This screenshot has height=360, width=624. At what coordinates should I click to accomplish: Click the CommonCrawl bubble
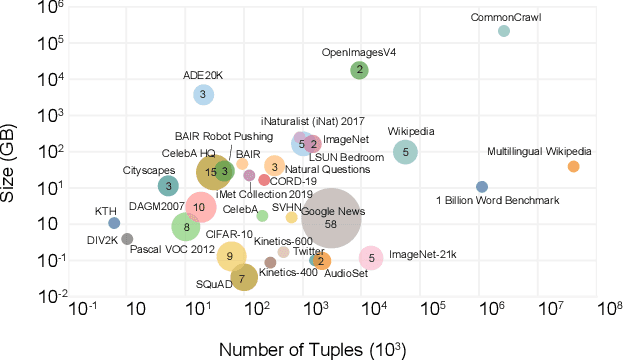tap(504, 31)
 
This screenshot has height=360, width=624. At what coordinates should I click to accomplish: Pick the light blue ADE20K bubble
tap(203, 94)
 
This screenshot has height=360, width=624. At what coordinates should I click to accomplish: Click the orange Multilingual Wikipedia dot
tap(573, 166)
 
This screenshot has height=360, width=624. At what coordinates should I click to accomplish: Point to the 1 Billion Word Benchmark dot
tap(482, 187)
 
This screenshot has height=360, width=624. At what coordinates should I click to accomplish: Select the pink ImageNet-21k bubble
tap(371, 257)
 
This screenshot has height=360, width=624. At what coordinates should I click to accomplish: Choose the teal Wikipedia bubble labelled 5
tap(405, 152)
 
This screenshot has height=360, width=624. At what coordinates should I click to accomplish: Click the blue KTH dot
tap(114, 223)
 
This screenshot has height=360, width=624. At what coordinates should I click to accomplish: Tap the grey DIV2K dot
tap(127, 239)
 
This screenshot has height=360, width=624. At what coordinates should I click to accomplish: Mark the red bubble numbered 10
tap(200, 207)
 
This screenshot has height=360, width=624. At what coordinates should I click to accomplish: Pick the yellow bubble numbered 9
tap(231, 256)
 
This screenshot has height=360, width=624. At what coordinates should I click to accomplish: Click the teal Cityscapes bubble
tap(169, 185)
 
